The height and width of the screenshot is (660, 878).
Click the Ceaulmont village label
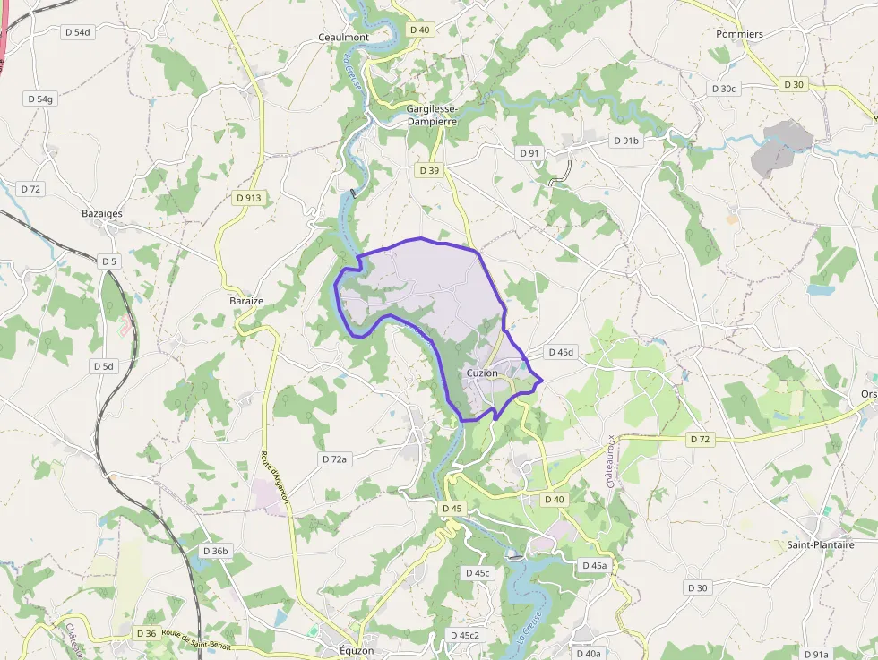[x=344, y=37]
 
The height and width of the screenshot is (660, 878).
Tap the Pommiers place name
[x=739, y=34]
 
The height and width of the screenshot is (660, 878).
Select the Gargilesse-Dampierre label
[x=432, y=115]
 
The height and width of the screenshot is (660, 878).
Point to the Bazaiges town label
[x=102, y=214]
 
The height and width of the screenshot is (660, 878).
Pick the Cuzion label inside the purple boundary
[x=482, y=373]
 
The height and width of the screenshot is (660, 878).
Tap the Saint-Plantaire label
[x=820, y=544]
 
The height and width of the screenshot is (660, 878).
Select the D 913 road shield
[x=249, y=197]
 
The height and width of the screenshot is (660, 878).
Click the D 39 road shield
[x=429, y=170]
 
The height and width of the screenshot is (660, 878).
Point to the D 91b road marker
[x=626, y=141]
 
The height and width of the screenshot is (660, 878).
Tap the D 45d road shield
[x=559, y=352]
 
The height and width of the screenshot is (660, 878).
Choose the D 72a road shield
[x=333, y=459]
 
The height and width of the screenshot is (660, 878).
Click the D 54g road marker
[x=41, y=99]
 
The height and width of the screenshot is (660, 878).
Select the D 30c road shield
[x=723, y=89]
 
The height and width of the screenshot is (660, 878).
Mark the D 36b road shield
[x=216, y=551]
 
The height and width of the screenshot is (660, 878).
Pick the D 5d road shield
[x=104, y=366]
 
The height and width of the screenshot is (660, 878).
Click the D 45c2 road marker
[x=464, y=635]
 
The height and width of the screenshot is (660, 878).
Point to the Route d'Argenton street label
[x=275, y=479]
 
